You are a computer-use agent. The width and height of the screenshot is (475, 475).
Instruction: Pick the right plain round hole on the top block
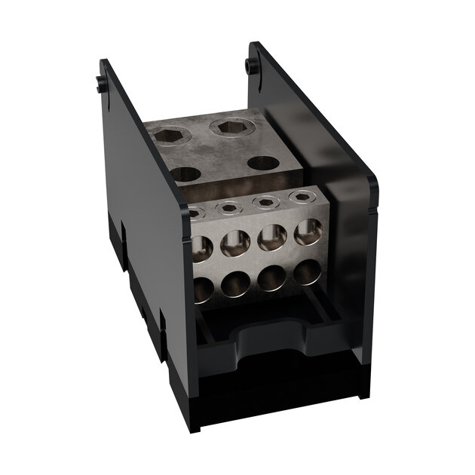click(x=264, y=162)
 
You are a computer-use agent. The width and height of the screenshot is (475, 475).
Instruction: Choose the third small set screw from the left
click(x=265, y=201)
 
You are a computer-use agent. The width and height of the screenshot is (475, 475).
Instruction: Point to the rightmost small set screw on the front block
click(x=302, y=197)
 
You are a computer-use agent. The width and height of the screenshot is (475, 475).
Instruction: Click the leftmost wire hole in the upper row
click(x=200, y=247)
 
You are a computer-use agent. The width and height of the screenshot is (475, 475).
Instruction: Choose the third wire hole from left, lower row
click(x=271, y=277)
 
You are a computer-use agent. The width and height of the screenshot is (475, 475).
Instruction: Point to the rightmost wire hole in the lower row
click(x=307, y=271)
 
